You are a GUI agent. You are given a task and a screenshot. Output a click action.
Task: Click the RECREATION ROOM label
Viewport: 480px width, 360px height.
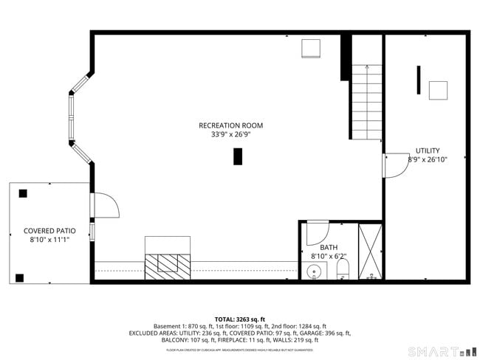tap(230, 125)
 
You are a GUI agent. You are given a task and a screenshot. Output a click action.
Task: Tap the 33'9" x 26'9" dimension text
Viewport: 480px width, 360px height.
tap(230, 135)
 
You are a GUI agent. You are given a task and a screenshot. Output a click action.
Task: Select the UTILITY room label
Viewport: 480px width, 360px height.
tap(427, 150)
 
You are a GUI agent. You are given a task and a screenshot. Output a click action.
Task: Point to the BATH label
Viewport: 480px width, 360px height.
tap(329, 248)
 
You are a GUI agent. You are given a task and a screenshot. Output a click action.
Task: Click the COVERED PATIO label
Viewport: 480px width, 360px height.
tap(49, 231)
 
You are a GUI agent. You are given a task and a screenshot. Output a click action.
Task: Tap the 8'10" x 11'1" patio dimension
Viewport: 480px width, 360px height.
tap(49, 240)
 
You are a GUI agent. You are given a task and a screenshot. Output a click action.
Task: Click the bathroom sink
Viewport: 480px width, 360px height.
tap(315, 272)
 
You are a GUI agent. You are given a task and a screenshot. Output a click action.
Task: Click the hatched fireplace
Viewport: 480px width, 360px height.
tap(168, 265)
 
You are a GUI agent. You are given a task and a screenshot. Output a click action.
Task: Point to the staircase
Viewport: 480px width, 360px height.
tap(366, 101)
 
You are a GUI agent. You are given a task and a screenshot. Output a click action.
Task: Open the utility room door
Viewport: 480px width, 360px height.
tap(395, 166)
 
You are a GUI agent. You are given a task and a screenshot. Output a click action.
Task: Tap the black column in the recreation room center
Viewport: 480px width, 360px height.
tap(238, 156)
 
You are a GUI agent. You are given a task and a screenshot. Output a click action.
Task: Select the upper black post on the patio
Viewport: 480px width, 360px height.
tap(23, 193)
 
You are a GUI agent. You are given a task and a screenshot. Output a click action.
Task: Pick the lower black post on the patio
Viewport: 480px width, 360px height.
tap(19, 278)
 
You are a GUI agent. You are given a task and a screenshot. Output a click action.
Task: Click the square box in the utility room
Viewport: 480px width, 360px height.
tap(439, 90)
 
